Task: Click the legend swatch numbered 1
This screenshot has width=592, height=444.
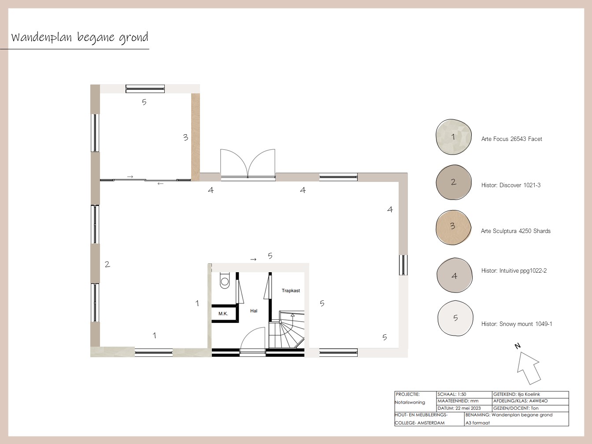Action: click(x=454, y=137)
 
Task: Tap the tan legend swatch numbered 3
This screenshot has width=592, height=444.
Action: click(x=453, y=228)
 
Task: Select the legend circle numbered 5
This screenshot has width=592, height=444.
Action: click(x=455, y=318)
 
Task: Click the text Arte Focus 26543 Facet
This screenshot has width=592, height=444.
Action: click(x=512, y=139)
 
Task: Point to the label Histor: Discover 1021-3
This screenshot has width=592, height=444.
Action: click(x=511, y=185)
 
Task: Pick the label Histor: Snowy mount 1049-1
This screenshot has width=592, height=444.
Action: click(x=517, y=324)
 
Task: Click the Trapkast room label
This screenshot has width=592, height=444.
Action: click(x=291, y=291)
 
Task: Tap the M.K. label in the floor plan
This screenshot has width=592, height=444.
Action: click(x=223, y=314)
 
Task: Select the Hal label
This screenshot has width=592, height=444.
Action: click(x=254, y=311)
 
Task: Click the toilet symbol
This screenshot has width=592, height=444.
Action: click(x=224, y=281)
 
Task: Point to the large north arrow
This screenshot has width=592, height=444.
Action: click(x=529, y=368)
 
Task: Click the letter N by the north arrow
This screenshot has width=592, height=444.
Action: click(x=517, y=346)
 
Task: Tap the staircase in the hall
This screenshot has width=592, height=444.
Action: click(x=286, y=329)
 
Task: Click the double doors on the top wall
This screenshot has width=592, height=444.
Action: click(x=248, y=164)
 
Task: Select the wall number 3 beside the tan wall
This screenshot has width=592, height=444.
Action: click(x=185, y=137)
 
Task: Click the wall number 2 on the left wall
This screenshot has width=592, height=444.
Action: click(x=107, y=264)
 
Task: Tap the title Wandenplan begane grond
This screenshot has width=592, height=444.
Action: click(x=80, y=37)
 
